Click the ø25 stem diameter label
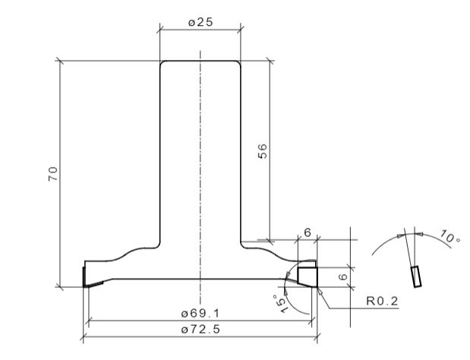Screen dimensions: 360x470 [x=200, y=22]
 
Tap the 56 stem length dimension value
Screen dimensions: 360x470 [x=263, y=151]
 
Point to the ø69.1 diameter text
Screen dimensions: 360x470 [x=200, y=313]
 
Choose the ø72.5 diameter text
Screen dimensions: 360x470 [x=200, y=329]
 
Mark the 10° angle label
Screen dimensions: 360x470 [x=449, y=239]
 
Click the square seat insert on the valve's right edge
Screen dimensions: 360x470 [x=307, y=274]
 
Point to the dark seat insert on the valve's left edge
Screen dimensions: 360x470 [x=86, y=276]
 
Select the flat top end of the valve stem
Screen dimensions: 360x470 [x=200, y=61]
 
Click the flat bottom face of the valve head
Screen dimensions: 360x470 [x=200, y=279]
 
